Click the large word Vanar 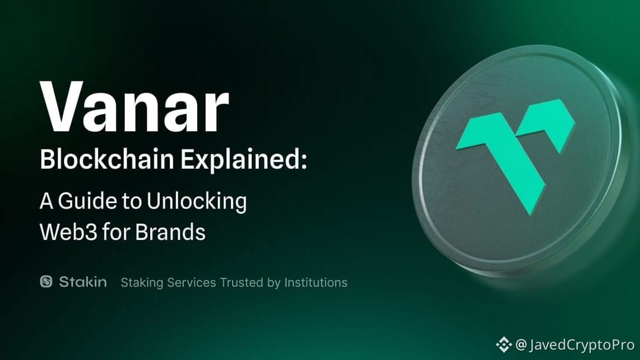click(134, 106)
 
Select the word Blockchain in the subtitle click(107, 159)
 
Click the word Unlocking click(197, 202)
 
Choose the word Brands click(170, 231)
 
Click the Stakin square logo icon click(46, 282)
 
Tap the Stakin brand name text click(83, 282)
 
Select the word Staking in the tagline click(142, 283)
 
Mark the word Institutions click(316, 282)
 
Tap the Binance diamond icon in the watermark click(503, 345)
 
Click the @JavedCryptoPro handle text click(575, 345)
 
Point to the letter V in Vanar click(62, 106)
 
